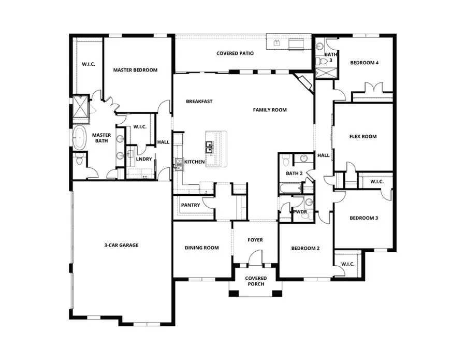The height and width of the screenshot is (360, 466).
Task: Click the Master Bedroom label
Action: [135, 70]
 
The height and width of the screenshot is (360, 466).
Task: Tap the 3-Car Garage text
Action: [121, 245]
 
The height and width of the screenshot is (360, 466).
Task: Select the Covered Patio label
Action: [235, 53]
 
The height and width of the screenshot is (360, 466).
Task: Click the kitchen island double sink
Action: [210, 148]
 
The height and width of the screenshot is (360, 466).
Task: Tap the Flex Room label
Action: [362, 137]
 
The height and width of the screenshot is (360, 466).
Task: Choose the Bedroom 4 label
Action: [364, 63]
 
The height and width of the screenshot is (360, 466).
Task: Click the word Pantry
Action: [191, 205]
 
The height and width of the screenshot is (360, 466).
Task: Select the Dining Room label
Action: [201, 248]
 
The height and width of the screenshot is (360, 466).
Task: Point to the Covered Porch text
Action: [255, 281]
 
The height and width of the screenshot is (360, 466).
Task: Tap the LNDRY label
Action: [144, 159]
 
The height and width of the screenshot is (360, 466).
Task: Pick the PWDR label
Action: [300, 212]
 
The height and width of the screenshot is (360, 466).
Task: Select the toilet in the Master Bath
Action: [79, 160]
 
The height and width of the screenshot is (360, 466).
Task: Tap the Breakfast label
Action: [199, 102]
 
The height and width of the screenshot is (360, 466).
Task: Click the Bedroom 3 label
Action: [363, 218]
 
